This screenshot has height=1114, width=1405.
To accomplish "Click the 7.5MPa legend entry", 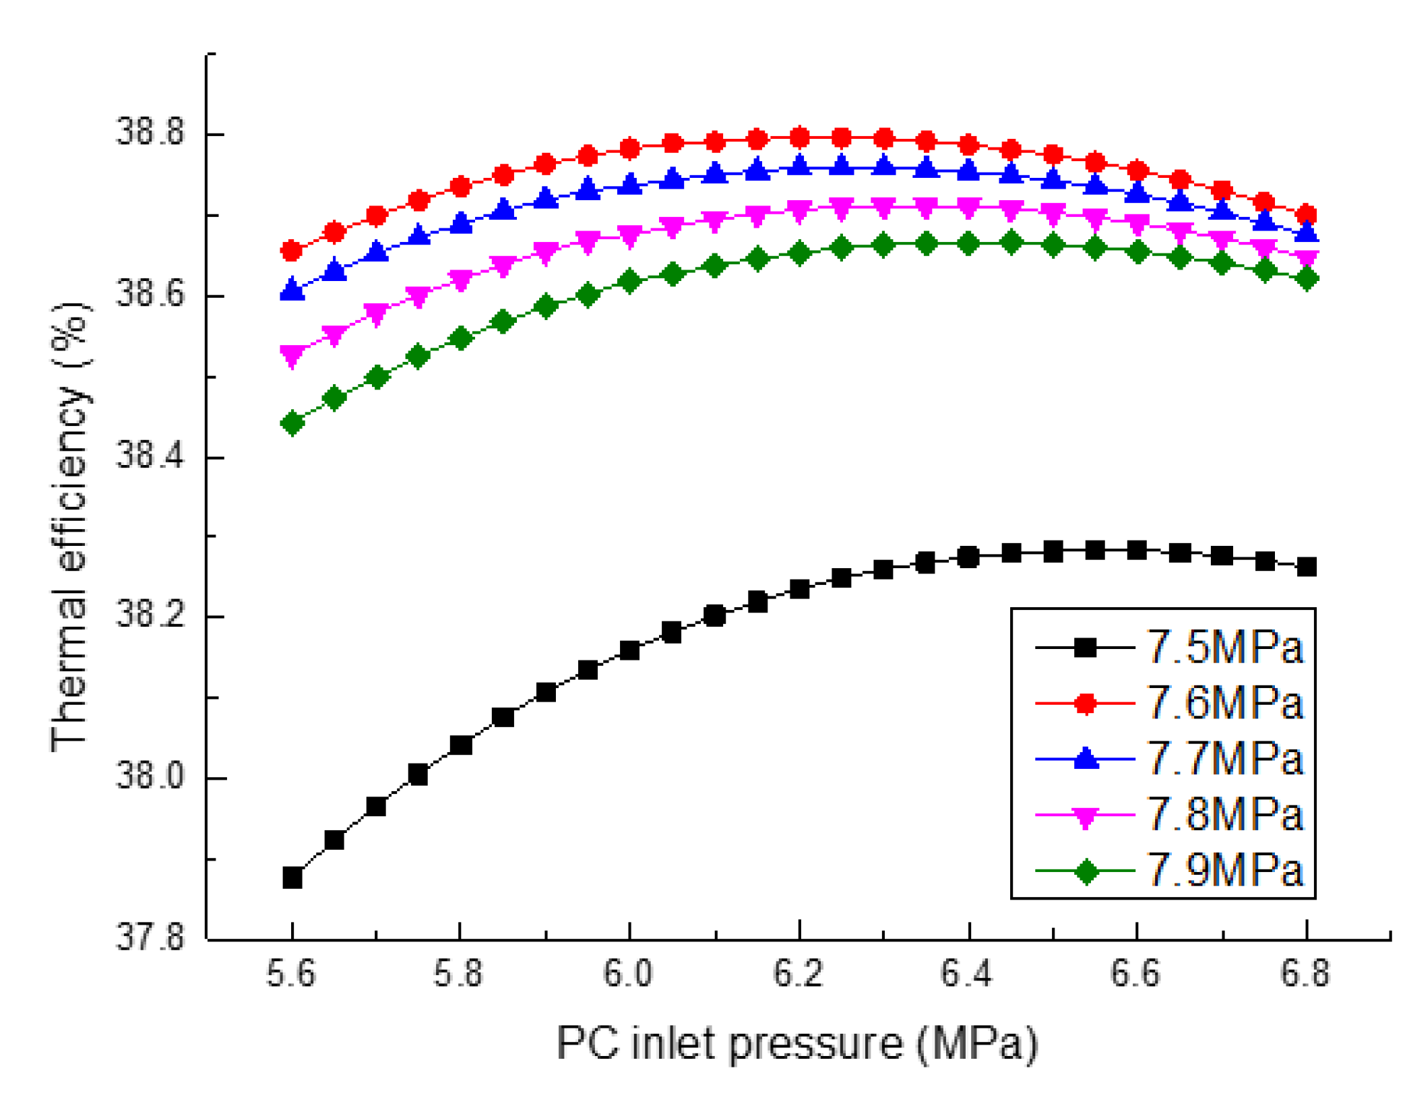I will tap(1223, 647).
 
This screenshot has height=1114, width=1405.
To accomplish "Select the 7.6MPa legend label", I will tap(1223, 703).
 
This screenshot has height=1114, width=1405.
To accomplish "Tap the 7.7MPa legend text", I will tap(1223, 759).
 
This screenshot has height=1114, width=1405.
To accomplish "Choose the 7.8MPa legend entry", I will tap(1223, 815).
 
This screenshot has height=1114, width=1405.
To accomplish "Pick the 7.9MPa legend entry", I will tap(1223, 870).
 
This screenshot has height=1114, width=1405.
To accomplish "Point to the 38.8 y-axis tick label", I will tap(150, 132).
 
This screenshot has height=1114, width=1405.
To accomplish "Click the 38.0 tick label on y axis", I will tap(150, 777).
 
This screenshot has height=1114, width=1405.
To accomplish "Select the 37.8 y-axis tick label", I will tap(150, 938).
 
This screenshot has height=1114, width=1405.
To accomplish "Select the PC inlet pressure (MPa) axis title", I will tap(797, 1044).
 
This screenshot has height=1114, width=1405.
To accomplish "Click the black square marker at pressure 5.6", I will tap(292, 878).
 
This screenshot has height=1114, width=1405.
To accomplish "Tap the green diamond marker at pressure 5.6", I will tap(292, 423).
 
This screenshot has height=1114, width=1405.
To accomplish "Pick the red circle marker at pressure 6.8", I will tap(1306, 214).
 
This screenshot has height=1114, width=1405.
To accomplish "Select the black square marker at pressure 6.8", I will tap(1306, 567).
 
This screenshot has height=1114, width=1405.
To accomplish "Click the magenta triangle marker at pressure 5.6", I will tap(292, 355).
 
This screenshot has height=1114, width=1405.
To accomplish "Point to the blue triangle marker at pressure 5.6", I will tap(292, 290).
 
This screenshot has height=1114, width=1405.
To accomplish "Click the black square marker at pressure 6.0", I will tap(629, 650).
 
